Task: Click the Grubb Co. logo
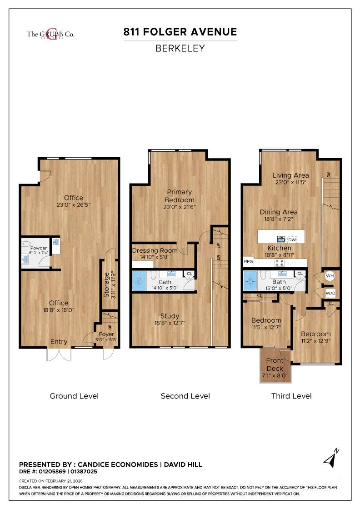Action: [x=50, y=34]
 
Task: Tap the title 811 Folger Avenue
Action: [x=180, y=32]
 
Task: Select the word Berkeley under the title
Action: [x=180, y=48]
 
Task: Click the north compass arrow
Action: [x=331, y=459]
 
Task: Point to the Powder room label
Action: [x=39, y=248]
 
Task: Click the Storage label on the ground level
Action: [x=106, y=284]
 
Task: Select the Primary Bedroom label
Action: [x=180, y=196]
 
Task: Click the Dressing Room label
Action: [x=155, y=250]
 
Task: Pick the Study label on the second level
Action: [x=170, y=316]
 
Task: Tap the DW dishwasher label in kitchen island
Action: [x=292, y=239]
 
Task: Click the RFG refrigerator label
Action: [x=248, y=262]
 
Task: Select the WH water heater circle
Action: [x=330, y=276]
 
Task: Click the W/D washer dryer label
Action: [x=330, y=294]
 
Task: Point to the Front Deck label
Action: [x=275, y=364]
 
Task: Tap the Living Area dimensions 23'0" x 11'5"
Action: [x=290, y=182]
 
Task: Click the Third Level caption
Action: [x=291, y=396]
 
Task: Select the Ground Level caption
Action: [x=74, y=396]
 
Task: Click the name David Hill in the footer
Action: [x=183, y=464]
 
